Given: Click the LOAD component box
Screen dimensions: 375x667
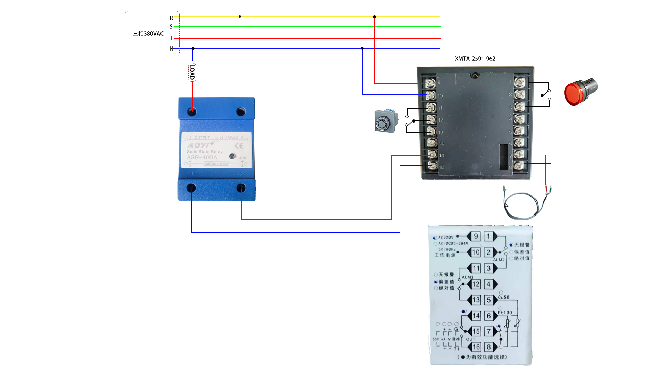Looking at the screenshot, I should click(192, 72).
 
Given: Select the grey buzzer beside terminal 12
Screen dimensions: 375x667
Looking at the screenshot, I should click(386, 121).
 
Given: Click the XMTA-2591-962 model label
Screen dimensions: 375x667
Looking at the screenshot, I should click(475, 59).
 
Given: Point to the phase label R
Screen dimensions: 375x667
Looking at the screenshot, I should click(171, 18).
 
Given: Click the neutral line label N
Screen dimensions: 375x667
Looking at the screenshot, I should click(171, 49).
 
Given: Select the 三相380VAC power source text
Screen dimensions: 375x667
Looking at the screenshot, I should click(148, 34).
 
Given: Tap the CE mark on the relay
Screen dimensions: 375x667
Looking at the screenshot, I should click(239, 146).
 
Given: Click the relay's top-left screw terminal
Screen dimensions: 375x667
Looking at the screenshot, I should click(192, 111).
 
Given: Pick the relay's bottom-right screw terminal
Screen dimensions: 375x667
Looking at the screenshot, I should click(241, 188).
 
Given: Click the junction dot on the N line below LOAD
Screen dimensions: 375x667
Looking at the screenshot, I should click(193, 49).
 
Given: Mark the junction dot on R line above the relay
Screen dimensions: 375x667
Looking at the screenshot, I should click(240, 17).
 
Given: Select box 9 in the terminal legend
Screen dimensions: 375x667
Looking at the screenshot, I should click(476, 236).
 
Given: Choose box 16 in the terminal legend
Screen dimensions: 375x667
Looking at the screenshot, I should click(476, 347).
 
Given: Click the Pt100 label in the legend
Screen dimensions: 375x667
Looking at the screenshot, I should click(505, 312).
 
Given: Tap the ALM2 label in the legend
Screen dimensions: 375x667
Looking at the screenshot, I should click(499, 260).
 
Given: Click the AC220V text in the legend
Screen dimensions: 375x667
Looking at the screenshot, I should click(446, 237).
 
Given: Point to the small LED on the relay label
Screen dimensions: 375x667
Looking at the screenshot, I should click(232, 156).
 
